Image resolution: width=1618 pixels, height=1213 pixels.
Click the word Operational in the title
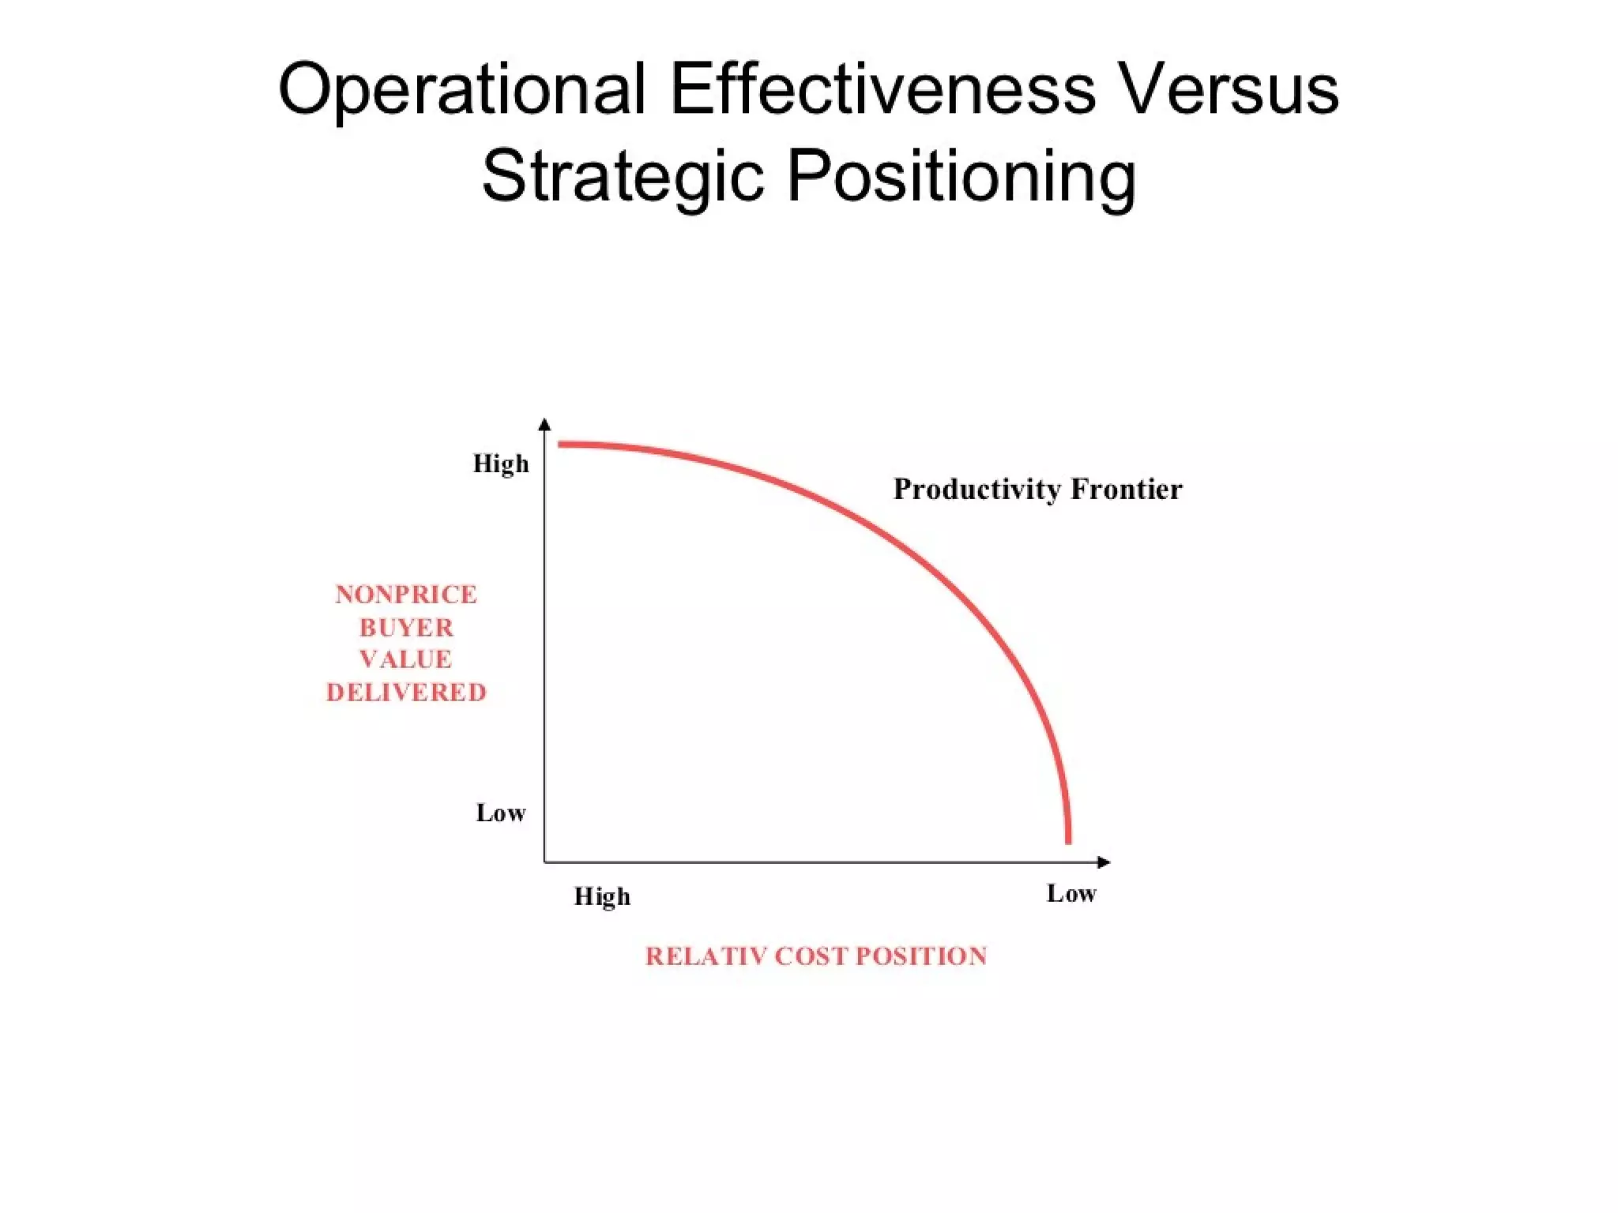(x=462, y=90)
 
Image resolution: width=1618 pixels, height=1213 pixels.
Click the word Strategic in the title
(x=623, y=177)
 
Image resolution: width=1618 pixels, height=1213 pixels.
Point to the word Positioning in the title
(x=961, y=177)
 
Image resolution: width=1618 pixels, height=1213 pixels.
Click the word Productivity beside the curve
(x=977, y=490)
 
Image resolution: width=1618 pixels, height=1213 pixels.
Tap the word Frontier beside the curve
(x=1127, y=490)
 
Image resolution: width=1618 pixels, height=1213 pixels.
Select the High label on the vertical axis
(x=501, y=464)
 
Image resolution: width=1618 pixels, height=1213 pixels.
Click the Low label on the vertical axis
(x=501, y=813)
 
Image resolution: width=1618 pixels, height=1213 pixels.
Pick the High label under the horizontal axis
(x=602, y=896)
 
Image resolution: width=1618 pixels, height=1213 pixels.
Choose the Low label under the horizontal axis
(x=1071, y=894)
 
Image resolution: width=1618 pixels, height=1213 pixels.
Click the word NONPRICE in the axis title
(x=406, y=595)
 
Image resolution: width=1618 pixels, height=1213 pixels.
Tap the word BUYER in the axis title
(x=406, y=628)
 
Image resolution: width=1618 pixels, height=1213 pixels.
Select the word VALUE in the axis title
(x=406, y=659)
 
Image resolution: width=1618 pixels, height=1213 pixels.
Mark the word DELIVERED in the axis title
(x=406, y=693)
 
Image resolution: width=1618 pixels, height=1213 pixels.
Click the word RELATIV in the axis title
(x=706, y=956)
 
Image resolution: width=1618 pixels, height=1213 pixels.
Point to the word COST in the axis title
(x=811, y=956)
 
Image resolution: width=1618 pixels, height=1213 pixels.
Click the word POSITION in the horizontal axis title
(x=921, y=956)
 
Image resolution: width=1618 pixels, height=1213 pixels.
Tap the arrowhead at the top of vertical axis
(x=544, y=425)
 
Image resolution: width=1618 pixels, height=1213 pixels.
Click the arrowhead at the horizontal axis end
(x=1104, y=862)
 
